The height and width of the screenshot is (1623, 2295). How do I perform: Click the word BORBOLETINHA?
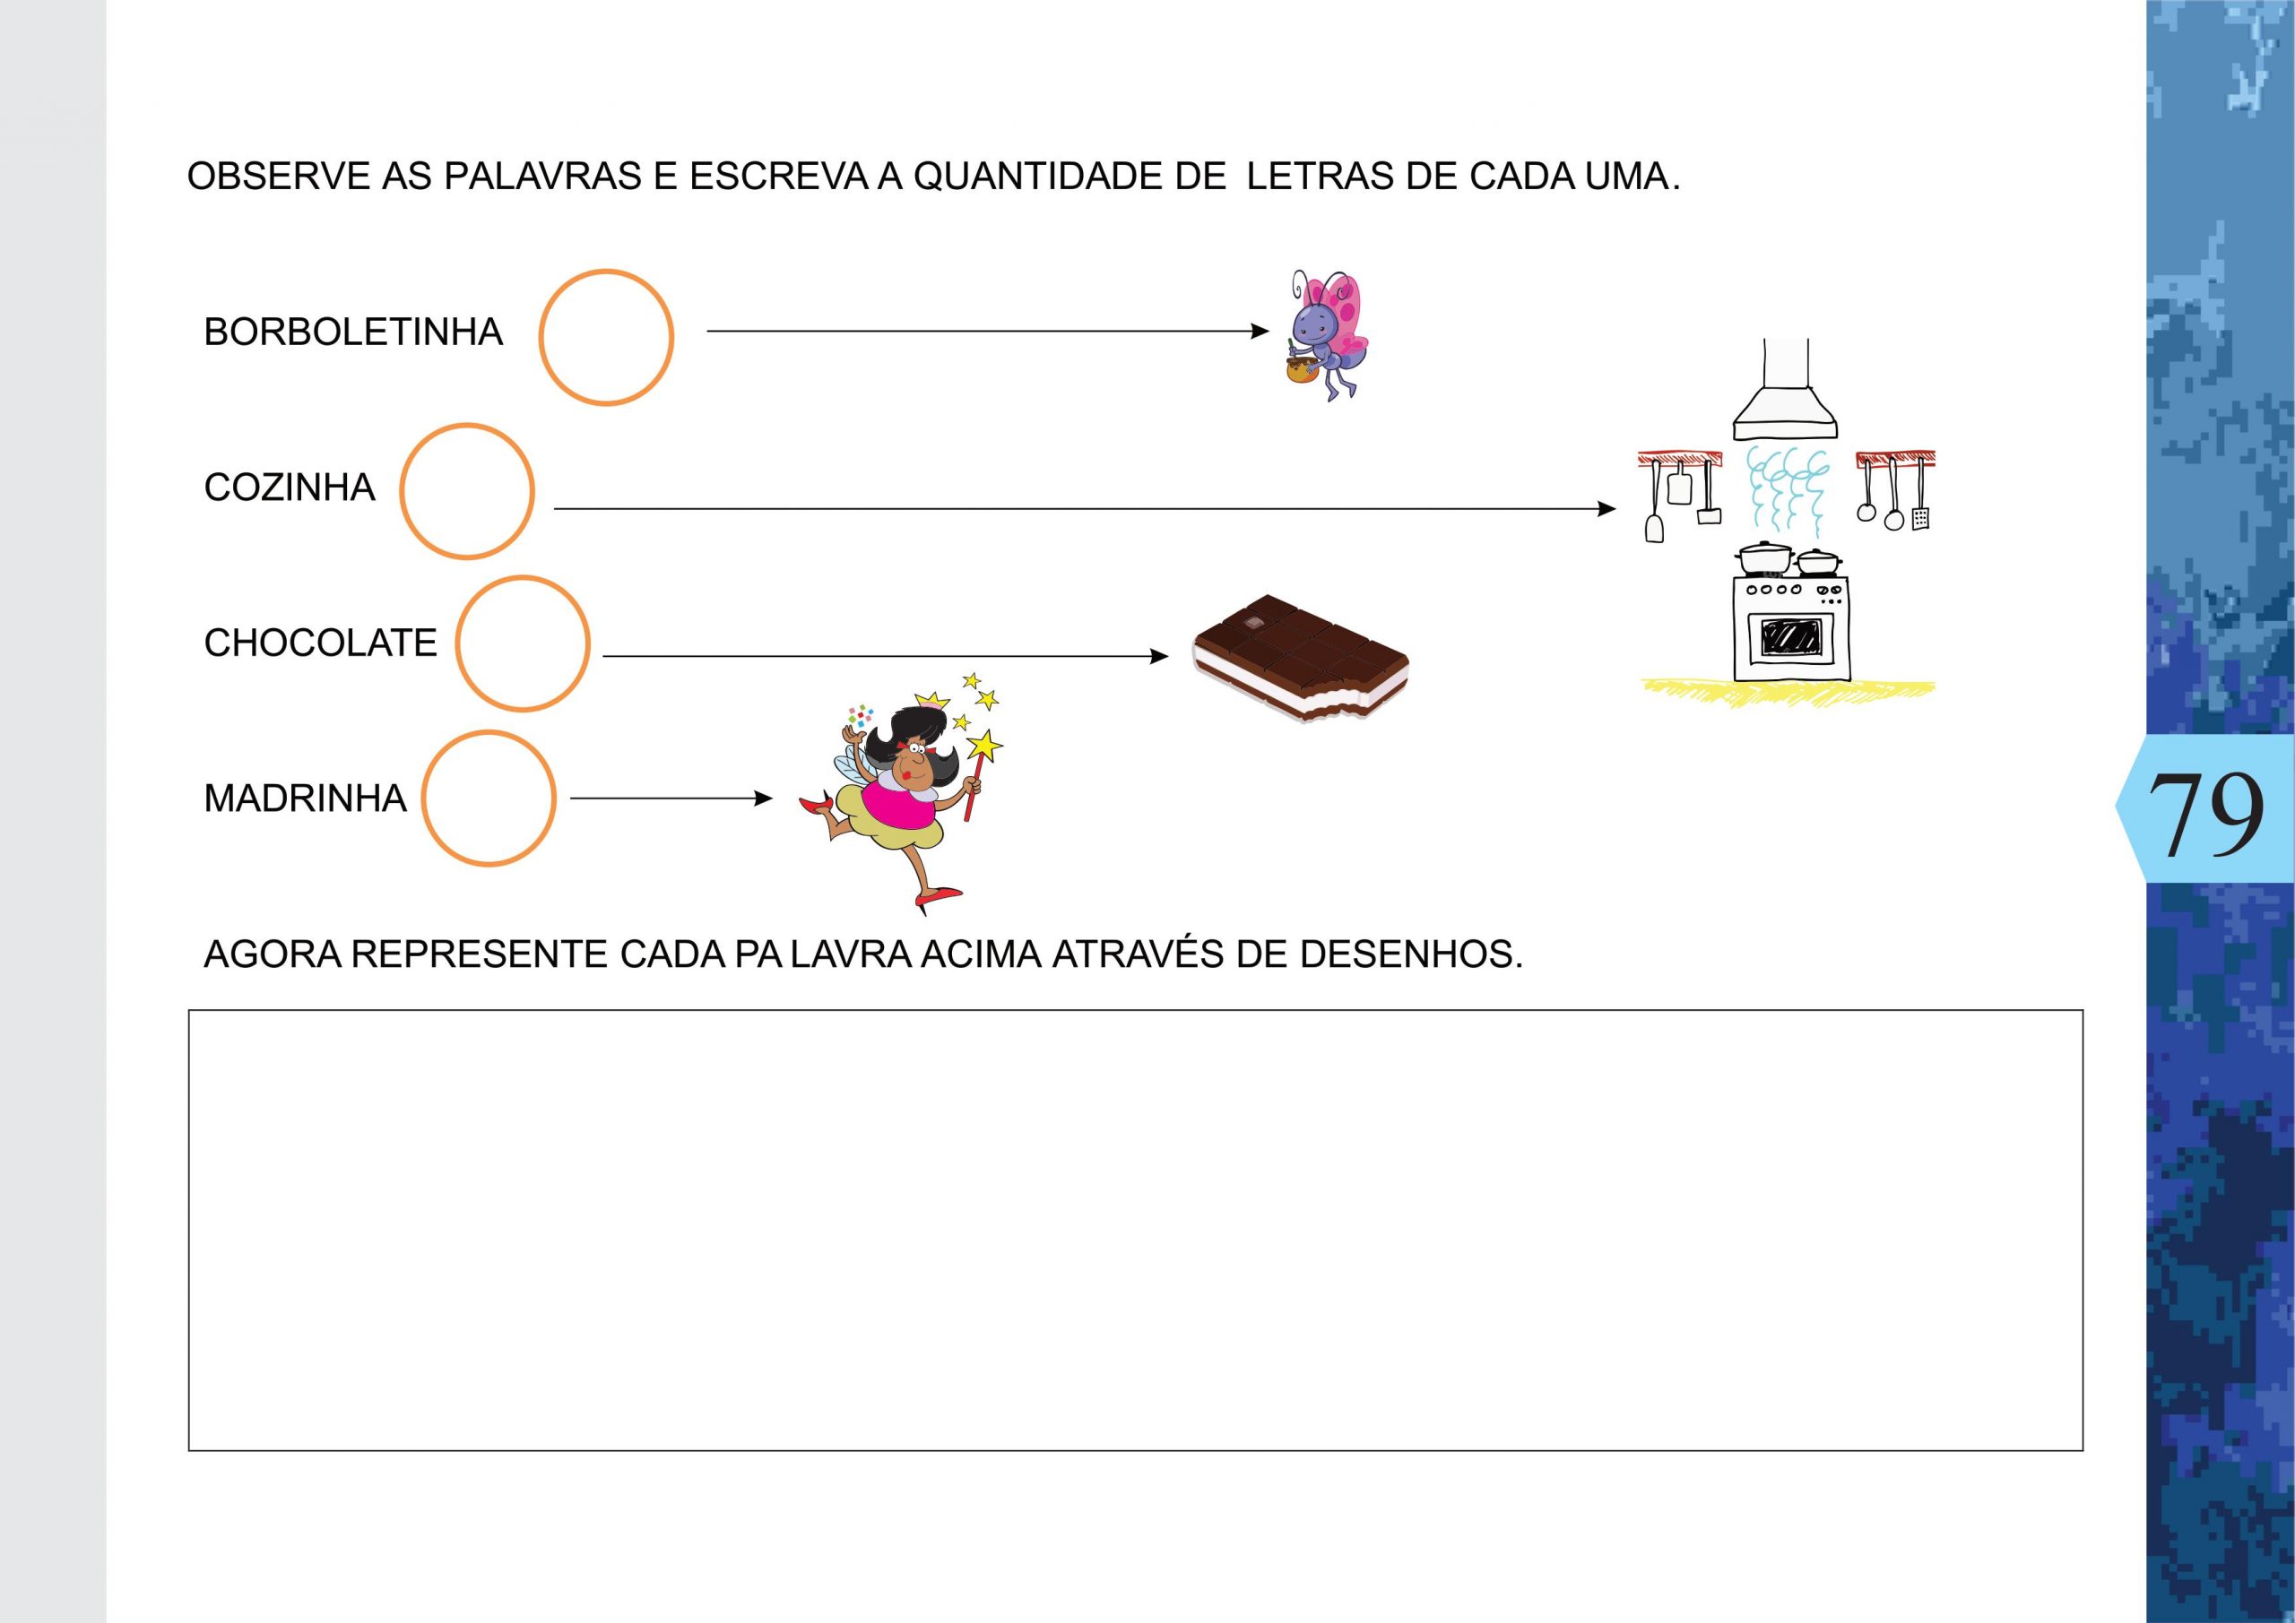click(353, 332)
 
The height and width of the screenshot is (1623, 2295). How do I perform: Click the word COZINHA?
click(289, 488)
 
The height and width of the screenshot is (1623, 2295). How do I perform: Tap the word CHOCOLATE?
click(320, 643)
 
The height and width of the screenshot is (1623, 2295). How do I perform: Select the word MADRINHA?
click(305, 799)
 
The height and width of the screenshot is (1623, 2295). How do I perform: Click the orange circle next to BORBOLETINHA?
click(606, 338)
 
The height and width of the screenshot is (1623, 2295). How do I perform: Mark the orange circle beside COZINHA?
click(467, 491)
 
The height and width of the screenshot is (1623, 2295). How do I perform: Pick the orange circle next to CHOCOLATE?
click(522, 643)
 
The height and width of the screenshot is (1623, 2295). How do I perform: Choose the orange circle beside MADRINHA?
click(488, 799)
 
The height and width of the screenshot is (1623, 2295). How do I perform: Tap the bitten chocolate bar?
click(1299, 657)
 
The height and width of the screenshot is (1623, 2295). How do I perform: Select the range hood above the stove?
click(1785, 400)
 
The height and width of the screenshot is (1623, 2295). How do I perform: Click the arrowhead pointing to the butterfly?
click(1261, 331)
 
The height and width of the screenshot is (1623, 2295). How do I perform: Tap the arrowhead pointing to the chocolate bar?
click(1159, 657)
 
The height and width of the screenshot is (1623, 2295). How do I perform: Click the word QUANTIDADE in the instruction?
click(1069, 177)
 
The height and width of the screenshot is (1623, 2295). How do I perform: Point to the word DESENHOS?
click(1410, 954)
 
